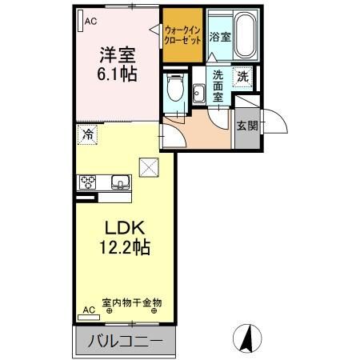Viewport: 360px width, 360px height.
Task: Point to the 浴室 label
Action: coord(219,37)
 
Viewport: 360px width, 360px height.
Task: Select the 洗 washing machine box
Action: coord(242,78)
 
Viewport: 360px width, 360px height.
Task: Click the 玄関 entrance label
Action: coord(246,126)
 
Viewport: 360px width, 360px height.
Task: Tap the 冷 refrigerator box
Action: coord(88,134)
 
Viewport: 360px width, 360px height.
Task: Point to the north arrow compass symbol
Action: coord(248,338)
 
